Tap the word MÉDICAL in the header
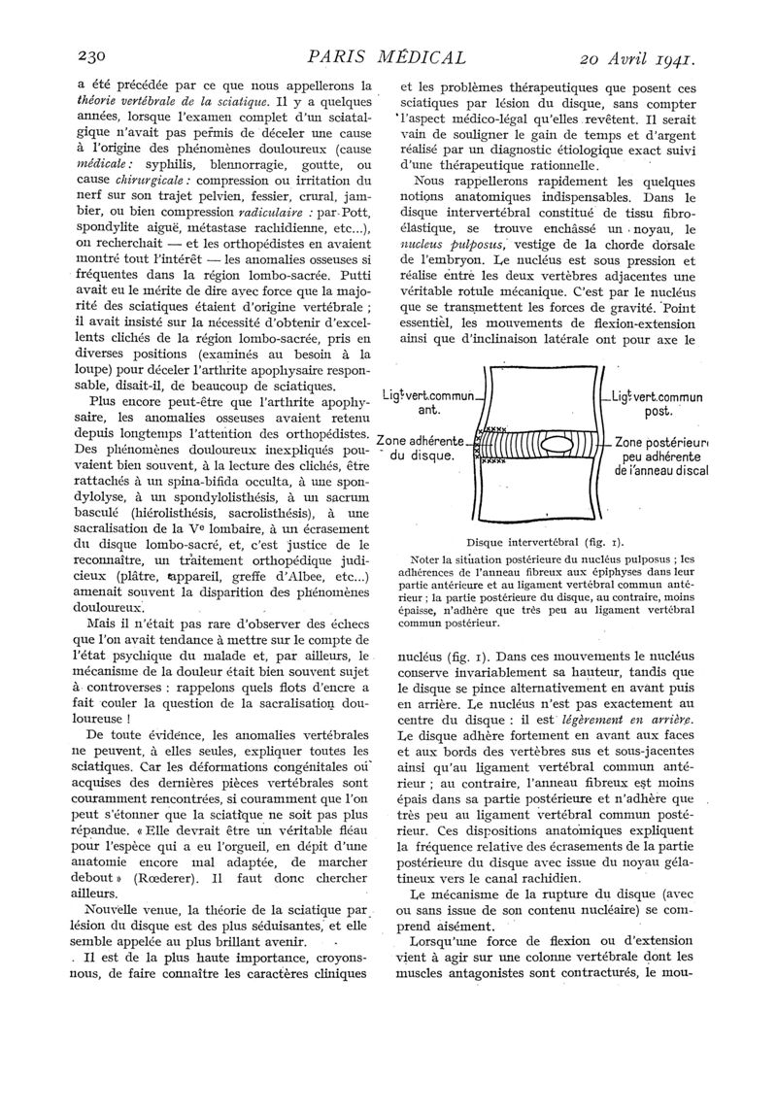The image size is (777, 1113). coord(410,56)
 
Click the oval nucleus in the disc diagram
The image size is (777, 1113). coord(558,445)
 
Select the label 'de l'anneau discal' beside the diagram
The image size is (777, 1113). coord(661,470)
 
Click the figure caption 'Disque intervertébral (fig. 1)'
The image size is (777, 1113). coord(545,541)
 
